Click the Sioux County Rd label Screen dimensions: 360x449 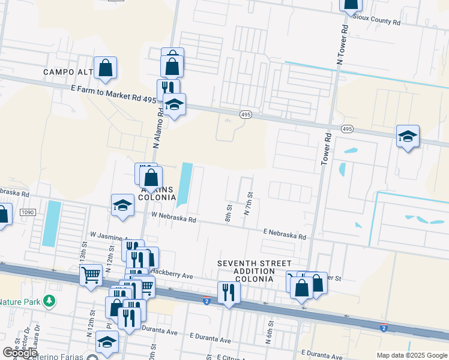coord(376,21)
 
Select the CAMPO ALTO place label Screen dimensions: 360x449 coord(68,72)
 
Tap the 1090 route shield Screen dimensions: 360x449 coord(28,212)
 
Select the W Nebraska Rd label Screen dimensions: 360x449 coord(173,217)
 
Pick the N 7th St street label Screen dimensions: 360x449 coord(248,205)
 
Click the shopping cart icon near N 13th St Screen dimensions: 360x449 coord(91,275)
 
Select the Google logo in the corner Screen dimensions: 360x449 coord(20,353)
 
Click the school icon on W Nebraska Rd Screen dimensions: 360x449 coord(122,205)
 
